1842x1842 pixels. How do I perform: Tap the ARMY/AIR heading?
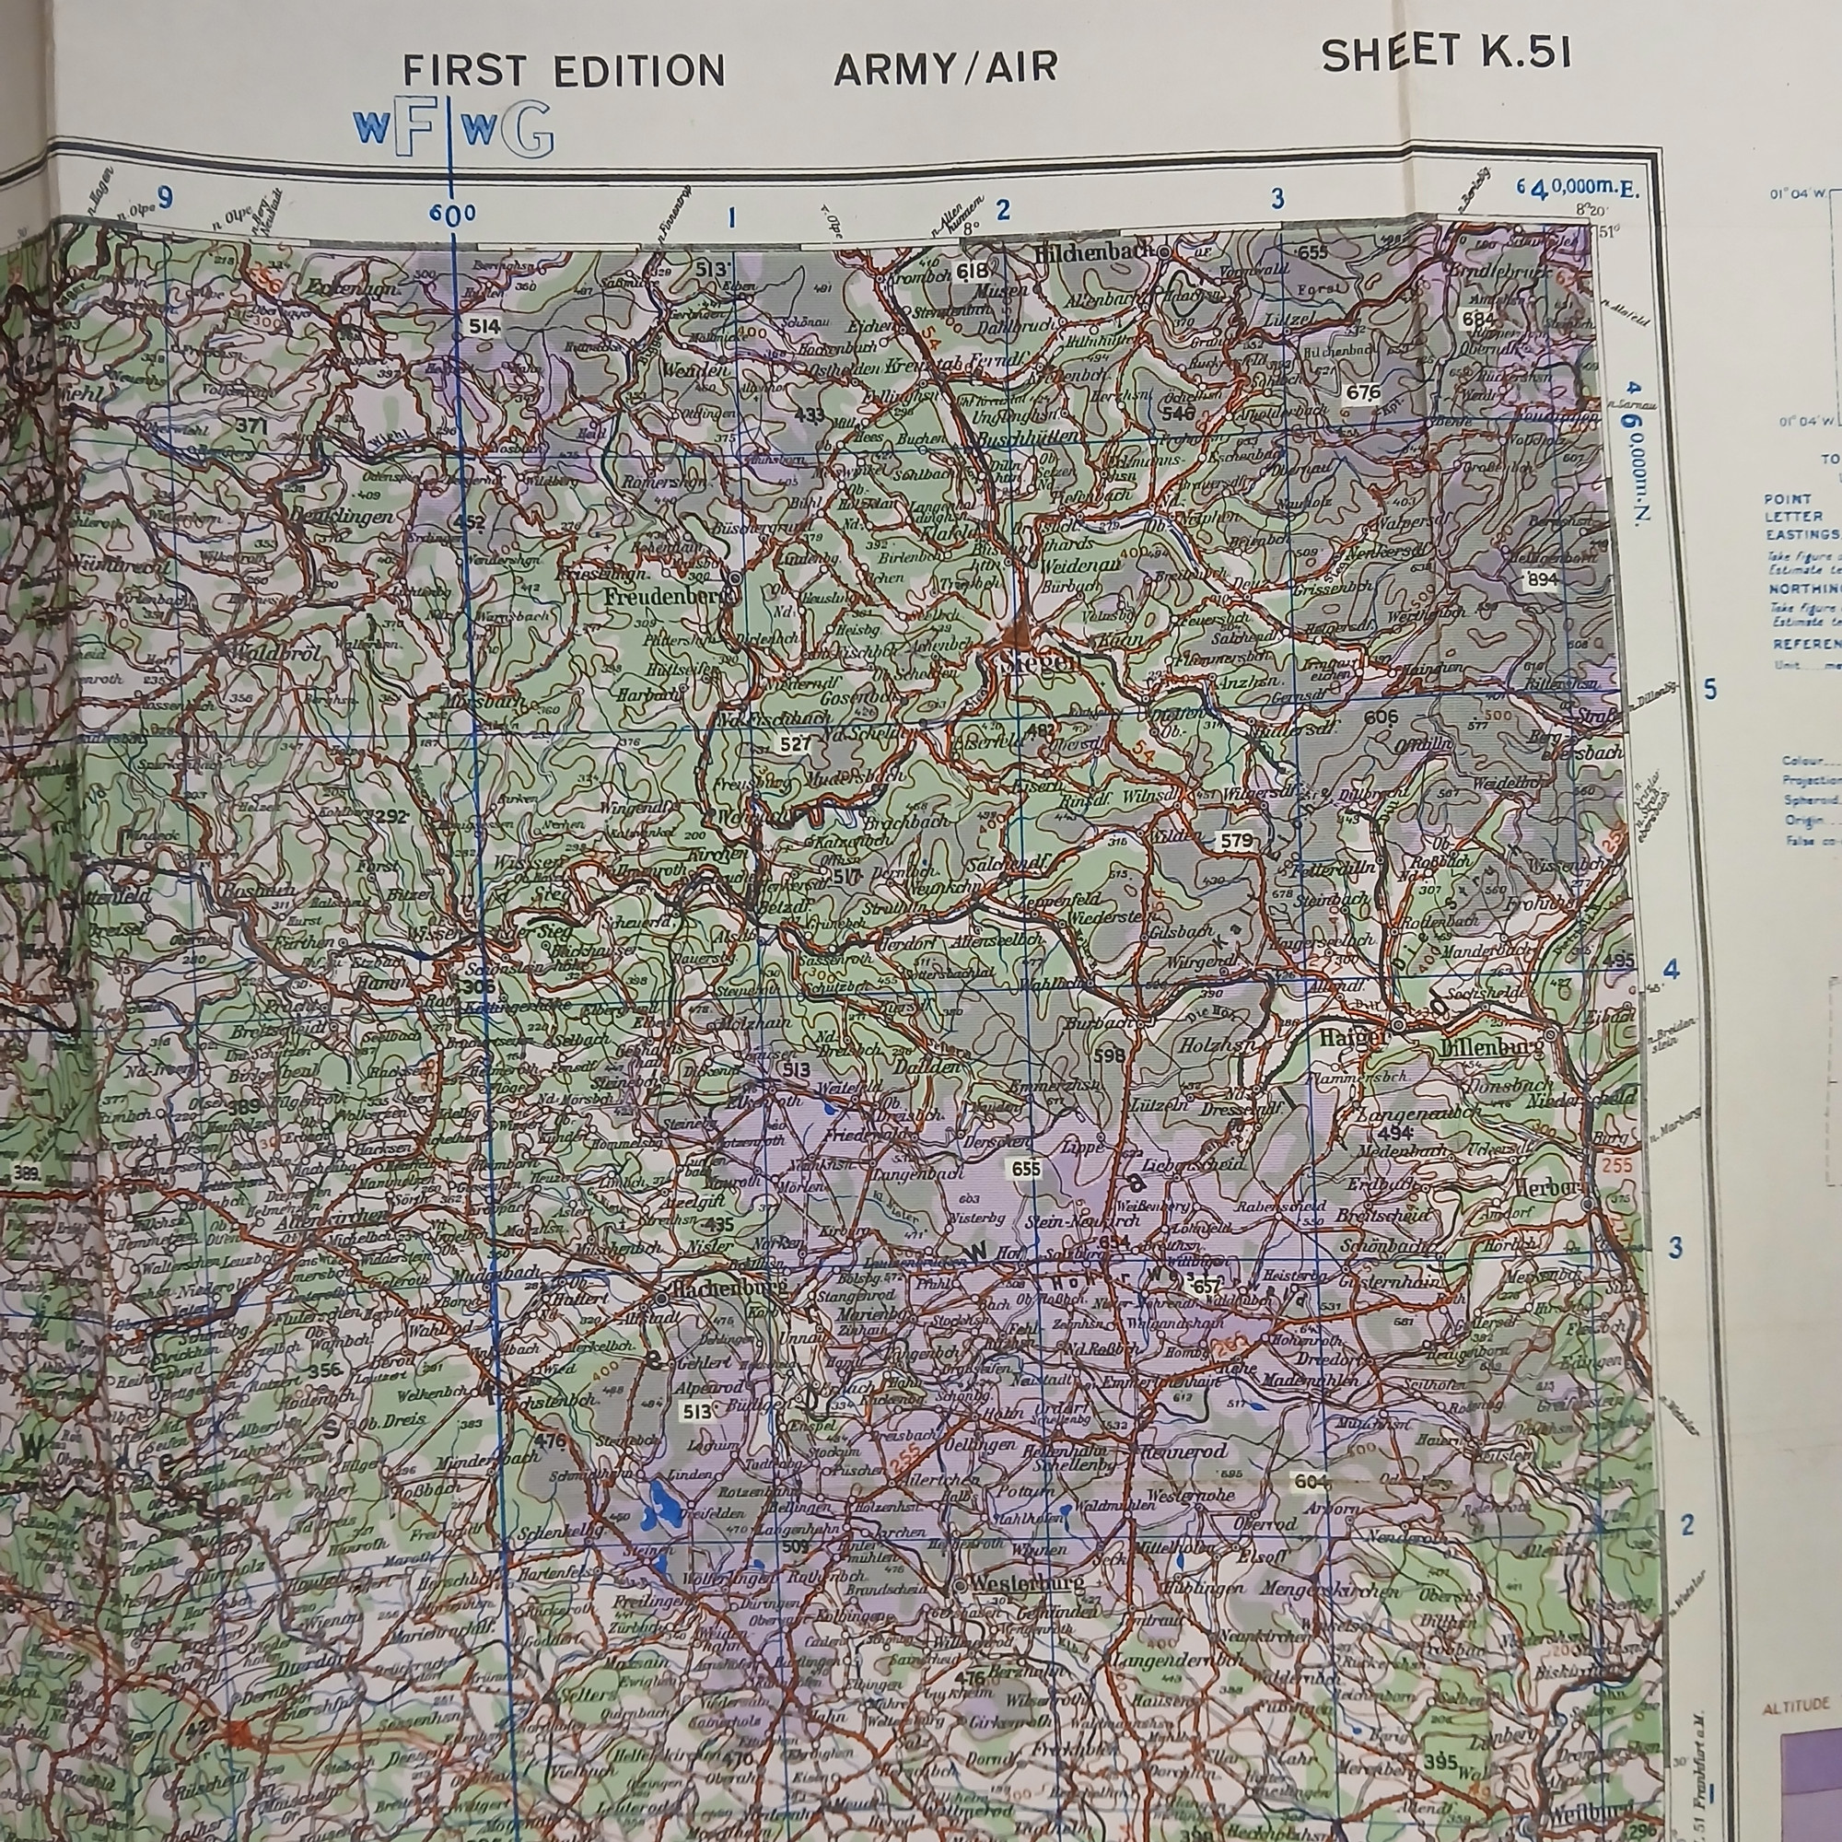(x=946, y=69)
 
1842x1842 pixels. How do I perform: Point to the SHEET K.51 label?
(x=1445, y=54)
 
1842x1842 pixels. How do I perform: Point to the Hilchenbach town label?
(x=1100, y=253)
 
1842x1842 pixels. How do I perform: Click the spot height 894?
(x=1541, y=578)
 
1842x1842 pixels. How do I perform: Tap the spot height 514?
(x=484, y=327)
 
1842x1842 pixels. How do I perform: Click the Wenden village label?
(x=694, y=369)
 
